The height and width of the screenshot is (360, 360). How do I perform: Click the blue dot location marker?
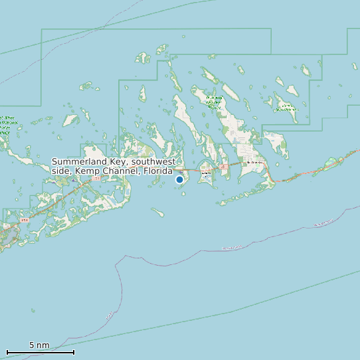click(179, 179)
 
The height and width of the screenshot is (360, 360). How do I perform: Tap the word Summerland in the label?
click(78, 162)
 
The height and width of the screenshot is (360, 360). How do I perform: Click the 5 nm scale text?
click(39, 345)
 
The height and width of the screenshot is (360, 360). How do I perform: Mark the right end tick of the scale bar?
click(74, 351)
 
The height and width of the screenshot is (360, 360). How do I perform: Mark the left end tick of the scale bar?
click(7, 351)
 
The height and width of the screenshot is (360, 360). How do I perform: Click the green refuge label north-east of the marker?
click(214, 101)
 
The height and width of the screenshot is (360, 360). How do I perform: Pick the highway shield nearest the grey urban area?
click(25, 219)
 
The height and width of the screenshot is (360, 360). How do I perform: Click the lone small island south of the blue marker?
click(157, 213)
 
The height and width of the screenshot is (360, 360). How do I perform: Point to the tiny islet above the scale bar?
click(33, 310)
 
